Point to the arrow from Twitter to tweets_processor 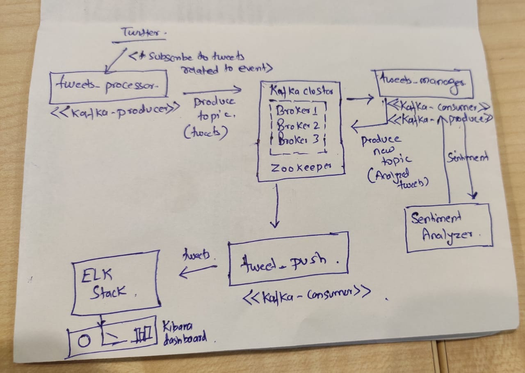pos(114,59)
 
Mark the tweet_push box pos(288,259)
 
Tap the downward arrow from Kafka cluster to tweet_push pos(276,205)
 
